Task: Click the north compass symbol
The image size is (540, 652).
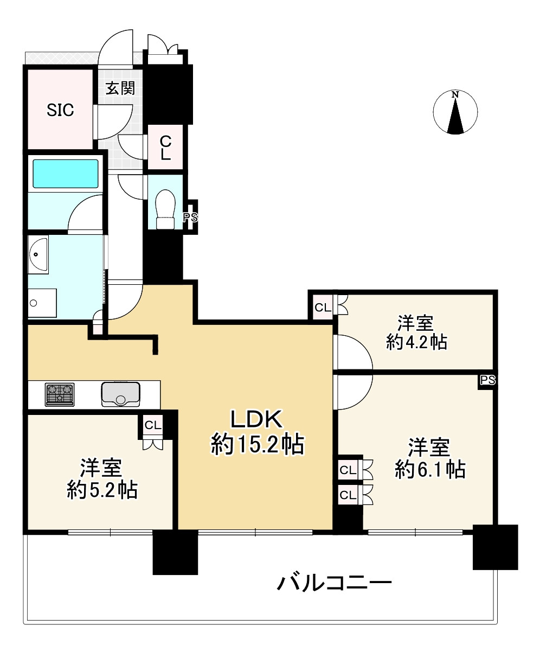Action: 455,113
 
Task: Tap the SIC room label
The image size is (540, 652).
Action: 60,111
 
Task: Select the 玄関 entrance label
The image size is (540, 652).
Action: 120,88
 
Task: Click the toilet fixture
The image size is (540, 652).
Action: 165,210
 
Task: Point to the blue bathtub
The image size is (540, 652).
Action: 66,173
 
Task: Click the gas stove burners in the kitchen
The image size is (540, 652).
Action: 60,394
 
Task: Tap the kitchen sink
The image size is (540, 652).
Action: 120,394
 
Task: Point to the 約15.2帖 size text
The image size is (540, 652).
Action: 256,445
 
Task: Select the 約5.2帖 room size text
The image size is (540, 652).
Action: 102,490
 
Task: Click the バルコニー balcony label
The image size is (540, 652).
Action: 334,584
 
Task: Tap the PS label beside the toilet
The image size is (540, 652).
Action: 190,218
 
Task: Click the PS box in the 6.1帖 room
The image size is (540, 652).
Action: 487,380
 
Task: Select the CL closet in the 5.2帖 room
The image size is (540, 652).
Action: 153,425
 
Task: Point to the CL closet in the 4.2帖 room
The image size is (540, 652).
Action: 323,308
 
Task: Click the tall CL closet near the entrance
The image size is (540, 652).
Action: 165,148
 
